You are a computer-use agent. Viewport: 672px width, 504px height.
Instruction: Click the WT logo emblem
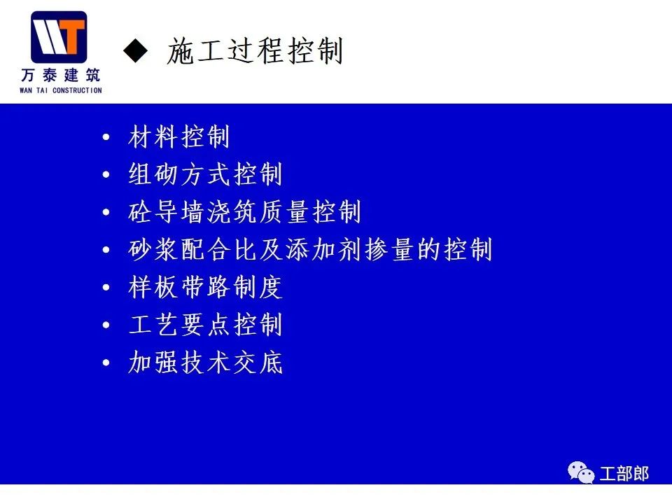click(59, 37)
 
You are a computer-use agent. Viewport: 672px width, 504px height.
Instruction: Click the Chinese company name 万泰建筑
click(60, 76)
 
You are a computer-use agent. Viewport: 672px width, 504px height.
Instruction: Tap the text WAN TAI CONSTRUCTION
click(60, 90)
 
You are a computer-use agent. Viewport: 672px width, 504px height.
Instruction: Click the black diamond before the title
click(135, 50)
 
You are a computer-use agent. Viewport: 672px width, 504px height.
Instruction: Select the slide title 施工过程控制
click(255, 50)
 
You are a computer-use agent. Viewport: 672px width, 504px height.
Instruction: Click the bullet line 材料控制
click(178, 136)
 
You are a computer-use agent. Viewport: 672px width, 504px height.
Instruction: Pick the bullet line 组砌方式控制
click(205, 174)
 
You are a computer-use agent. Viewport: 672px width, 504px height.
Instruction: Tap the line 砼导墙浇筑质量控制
click(244, 211)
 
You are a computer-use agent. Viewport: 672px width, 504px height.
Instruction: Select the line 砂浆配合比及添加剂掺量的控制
click(310, 249)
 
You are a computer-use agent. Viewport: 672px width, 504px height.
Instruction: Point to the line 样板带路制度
click(205, 287)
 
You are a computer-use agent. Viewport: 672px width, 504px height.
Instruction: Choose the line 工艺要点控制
click(205, 324)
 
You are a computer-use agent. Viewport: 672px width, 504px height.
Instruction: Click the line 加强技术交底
click(205, 362)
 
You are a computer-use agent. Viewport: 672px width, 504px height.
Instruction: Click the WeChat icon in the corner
click(581, 472)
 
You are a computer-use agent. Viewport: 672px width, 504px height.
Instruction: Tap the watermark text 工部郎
click(624, 474)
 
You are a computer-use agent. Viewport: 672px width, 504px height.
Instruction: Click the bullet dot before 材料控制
click(106, 137)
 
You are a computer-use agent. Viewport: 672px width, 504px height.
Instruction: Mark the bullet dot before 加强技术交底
click(106, 363)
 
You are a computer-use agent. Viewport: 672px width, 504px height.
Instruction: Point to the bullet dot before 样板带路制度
click(106, 287)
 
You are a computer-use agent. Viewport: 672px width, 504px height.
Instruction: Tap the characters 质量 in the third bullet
click(283, 211)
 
